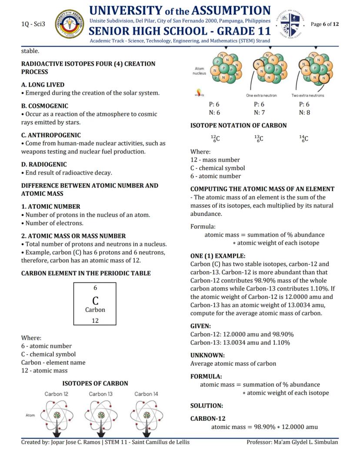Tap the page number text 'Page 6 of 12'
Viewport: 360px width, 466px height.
(x=325, y=24)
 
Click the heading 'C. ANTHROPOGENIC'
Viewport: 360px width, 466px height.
(x=51, y=135)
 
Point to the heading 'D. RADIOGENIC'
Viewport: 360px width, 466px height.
(x=44, y=164)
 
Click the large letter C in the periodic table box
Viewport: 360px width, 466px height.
(x=95, y=301)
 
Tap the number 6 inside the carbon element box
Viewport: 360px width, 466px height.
(x=95, y=288)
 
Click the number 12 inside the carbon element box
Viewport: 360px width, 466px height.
(x=95, y=321)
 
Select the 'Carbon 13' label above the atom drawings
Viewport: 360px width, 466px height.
(x=101, y=394)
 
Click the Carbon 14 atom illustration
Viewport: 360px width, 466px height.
(x=147, y=416)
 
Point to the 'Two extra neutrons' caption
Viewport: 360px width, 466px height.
(x=307, y=95)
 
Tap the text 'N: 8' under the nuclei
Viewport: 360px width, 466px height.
(x=304, y=113)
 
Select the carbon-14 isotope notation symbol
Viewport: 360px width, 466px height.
(x=303, y=139)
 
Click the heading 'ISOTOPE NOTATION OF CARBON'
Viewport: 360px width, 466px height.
(x=238, y=125)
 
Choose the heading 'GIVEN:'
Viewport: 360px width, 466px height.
(x=200, y=326)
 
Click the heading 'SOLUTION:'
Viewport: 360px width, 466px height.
(x=207, y=406)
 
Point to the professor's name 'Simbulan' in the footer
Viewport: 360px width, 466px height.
(x=325, y=442)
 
